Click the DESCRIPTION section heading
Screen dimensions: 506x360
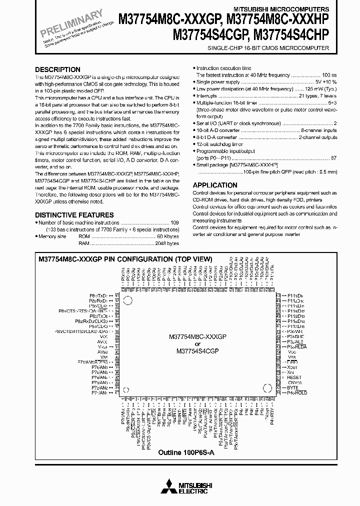57,69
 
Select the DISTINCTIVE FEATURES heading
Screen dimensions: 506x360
74,215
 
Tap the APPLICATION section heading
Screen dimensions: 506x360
215,185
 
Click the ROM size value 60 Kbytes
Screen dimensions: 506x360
167,236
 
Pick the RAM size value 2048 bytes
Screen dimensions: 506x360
166,243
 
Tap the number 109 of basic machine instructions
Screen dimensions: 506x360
174,222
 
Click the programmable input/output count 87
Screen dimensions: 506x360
334,157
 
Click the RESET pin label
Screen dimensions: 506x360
294,377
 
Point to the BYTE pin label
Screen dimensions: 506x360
292,387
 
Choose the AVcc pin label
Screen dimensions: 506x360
102,341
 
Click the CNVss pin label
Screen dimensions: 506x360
295,382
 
